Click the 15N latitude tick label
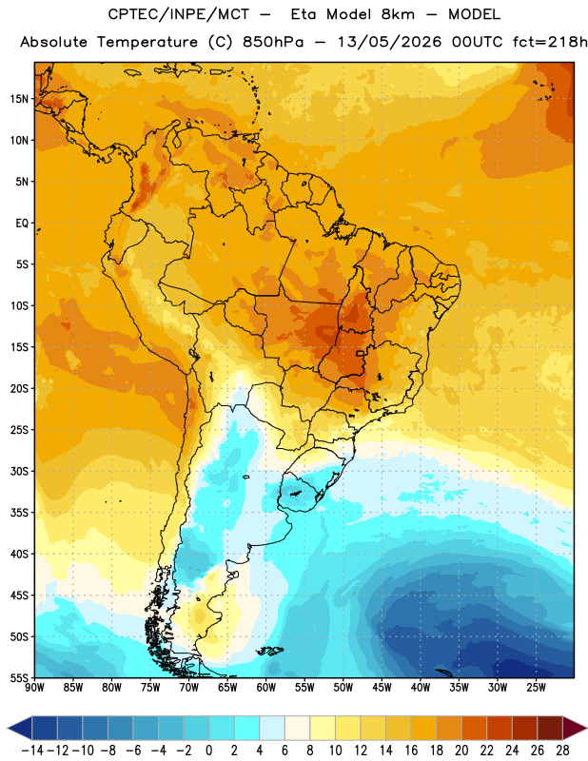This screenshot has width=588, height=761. (x=19, y=99)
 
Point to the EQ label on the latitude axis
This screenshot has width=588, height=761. (x=22, y=224)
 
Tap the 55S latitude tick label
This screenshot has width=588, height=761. (x=19, y=677)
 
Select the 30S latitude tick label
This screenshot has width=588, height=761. (x=19, y=471)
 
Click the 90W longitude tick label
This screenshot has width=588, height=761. (x=34, y=687)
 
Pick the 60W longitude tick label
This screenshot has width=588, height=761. (x=266, y=687)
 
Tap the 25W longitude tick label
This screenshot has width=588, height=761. (x=536, y=687)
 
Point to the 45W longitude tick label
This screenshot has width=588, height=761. (x=382, y=687)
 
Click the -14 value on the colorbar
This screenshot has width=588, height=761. (x=33, y=751)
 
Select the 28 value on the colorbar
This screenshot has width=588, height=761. (x=562, y=751)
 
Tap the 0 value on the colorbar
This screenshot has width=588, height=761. (x=209, y=751)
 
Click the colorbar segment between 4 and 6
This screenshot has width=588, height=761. (x=272, y=728)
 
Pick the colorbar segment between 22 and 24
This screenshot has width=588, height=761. (x=500, y=728)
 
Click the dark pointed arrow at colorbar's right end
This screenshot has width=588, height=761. (x=575, y=728)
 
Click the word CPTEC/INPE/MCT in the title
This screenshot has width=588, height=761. (x=179, y=14)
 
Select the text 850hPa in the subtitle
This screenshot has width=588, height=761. (x=273, y=42)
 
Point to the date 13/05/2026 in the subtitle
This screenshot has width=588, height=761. (x=389, y=42)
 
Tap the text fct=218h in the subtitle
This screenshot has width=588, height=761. (x=550, y=42)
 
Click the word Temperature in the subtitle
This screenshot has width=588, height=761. (x=147, y=42)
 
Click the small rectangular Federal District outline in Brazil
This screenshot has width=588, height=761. (x=361, y=353)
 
